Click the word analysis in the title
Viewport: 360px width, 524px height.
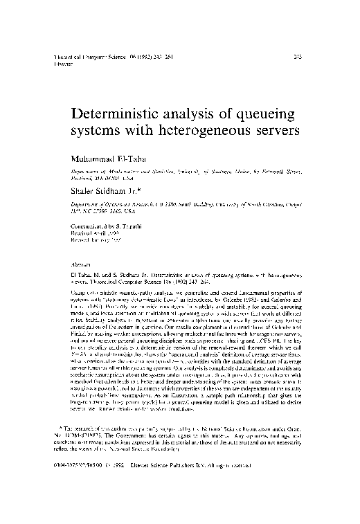(x=199, y=112)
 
